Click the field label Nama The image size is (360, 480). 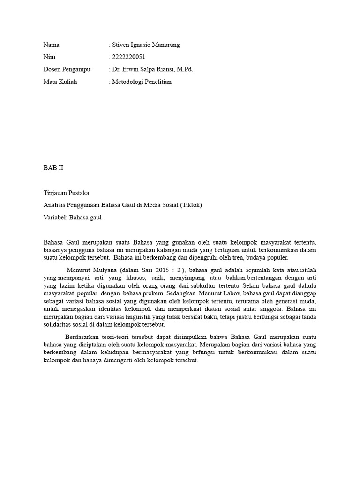click(x=52, y=45)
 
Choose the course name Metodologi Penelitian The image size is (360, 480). click(x=142, y=82)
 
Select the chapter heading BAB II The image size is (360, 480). click(x=53, y=167)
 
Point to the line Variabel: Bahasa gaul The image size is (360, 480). click(x=72, y=217)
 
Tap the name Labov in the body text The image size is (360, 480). click(x=226, y=293)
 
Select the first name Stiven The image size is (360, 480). click(x=122, y=45)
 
